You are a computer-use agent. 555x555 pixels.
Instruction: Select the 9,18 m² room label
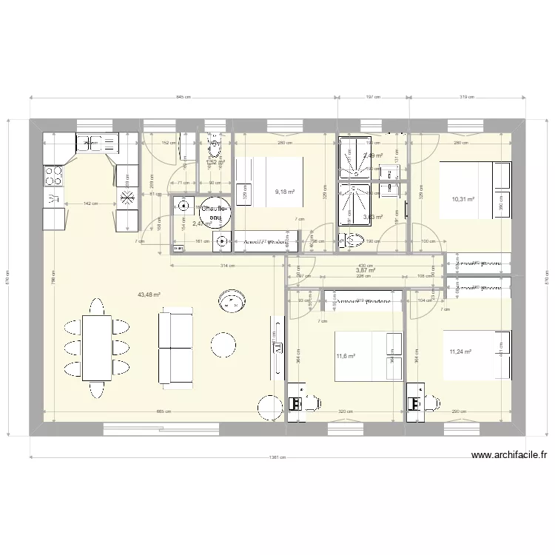[285, 192]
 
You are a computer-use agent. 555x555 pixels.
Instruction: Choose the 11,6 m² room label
[346, 357]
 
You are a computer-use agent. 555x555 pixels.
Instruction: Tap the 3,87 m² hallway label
[366, 271]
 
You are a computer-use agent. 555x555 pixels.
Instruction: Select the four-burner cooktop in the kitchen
[53, 175]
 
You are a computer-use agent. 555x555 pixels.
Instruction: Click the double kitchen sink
[97, 142]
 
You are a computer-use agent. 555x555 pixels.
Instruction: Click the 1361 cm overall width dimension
[277, 457]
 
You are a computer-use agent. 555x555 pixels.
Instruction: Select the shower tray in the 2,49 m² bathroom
[354, 155]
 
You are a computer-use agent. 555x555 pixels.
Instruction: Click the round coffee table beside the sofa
[223, 344]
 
